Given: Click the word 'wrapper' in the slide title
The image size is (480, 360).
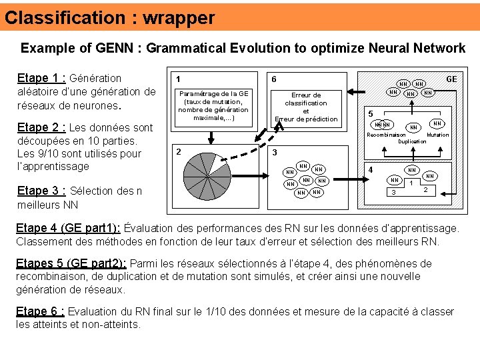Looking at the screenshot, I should [x=180, y=17].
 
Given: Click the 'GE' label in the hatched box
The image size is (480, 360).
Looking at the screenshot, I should [x=451, y=79].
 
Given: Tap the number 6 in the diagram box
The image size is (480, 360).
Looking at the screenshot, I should [x=274, y=79].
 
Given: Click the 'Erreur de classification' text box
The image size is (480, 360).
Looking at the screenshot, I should [x=306, y=107].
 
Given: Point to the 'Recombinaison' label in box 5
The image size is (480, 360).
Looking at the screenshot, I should [x=386, y=135].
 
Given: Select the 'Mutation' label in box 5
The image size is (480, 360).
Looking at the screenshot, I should [x=437, y=135].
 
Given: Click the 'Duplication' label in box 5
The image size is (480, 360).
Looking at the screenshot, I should [x=412, y=141].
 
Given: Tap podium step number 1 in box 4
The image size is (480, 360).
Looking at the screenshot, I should [x=412, y=184].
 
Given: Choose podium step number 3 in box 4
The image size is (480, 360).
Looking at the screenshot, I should [x=393, y=193].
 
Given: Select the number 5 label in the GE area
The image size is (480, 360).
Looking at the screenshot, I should [x=372, y=113].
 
